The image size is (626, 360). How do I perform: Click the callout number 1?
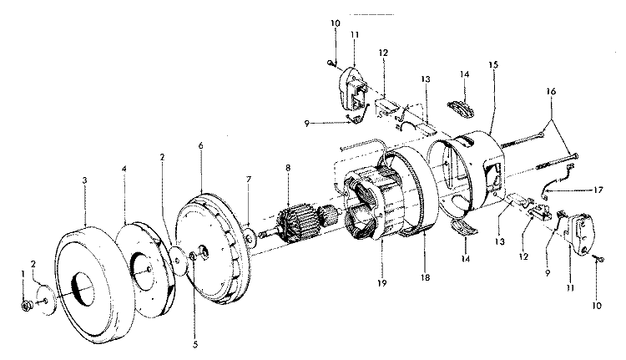23,274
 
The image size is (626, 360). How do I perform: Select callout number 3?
84,180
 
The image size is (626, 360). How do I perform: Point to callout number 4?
124,169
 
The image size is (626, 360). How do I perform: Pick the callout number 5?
195,344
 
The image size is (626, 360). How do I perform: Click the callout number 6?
201,145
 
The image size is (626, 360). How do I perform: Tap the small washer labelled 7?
250,239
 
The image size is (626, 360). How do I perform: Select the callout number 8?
288,168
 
